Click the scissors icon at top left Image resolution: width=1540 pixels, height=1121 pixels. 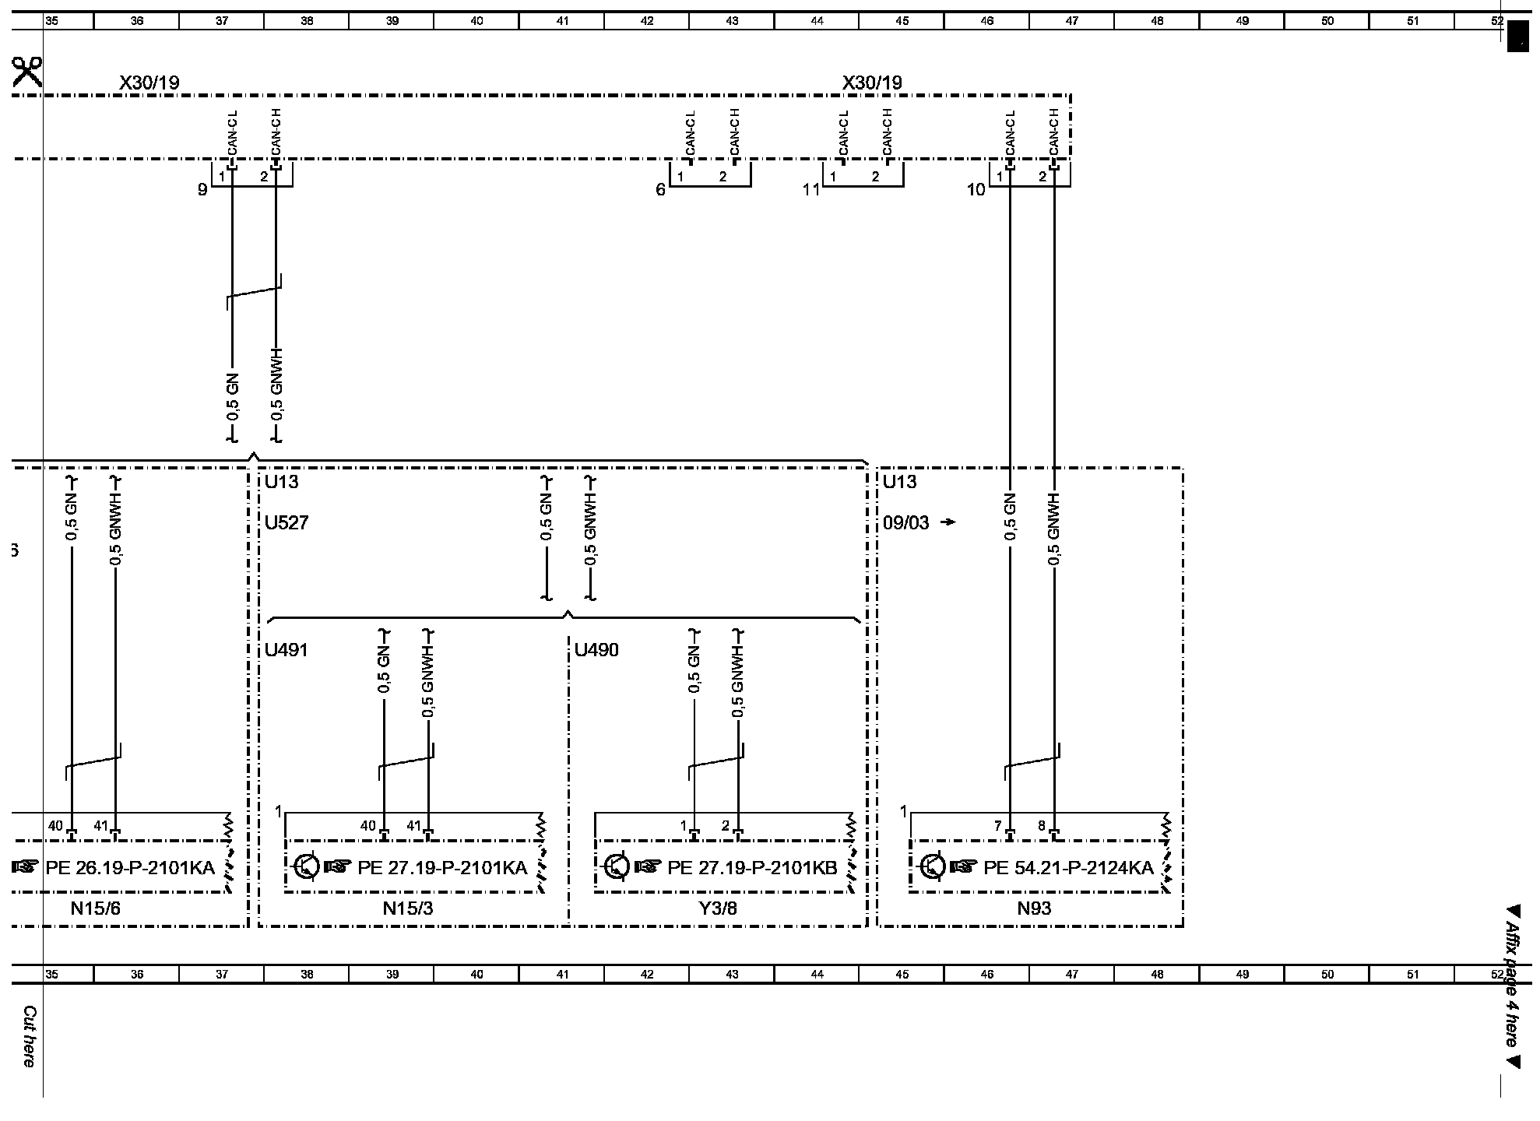[x=26, y=72]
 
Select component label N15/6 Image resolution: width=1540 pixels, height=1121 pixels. [x=96, y=908]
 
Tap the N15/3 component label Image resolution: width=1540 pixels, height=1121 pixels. [x=408, y=908]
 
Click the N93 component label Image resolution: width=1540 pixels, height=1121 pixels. [x=1034, y=908]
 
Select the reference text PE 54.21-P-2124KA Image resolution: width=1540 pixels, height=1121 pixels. [x=1068, y=868]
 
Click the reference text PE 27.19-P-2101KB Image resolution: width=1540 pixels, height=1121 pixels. [x=752, y=868]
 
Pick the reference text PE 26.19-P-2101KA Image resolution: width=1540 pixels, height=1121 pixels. [x=130, y=868]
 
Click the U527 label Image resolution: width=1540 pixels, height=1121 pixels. [x=287, y=522]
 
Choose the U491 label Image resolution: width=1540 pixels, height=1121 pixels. [x=287, y=650]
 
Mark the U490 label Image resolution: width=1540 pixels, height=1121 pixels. [x=596, y=650]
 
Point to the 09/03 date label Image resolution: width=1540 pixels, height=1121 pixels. [x=906, y=522]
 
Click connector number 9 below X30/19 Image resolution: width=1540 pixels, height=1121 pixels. [x=202, y=189]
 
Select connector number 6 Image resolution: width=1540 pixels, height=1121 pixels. [x=661, y=189]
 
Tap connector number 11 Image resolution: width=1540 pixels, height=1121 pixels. [x=812, y=189]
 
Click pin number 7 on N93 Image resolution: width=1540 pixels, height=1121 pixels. [x=998, y=826]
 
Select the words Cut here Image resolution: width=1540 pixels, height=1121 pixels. [x=30, y=1036]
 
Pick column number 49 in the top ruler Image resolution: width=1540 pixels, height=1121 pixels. [x=1242, y=21]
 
